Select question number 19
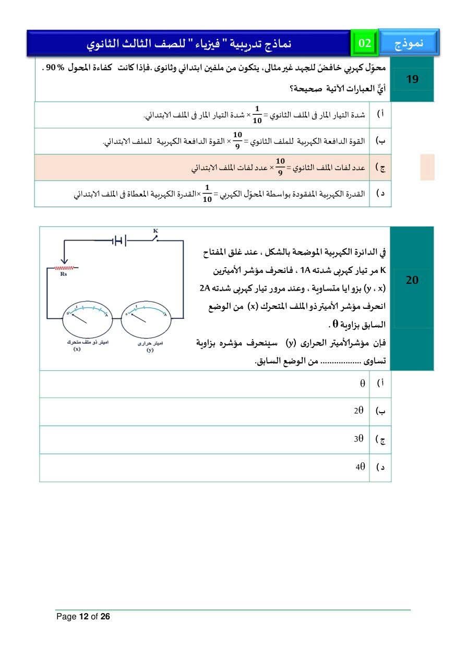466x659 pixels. (412, 80)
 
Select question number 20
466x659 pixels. (412, 280)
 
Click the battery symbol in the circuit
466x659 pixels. (120, 241)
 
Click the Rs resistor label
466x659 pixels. (64, 273)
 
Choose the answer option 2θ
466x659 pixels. (359, 411)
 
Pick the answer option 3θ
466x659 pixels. (359, 439)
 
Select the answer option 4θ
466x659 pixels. (360, 467)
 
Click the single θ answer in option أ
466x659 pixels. (362, 384)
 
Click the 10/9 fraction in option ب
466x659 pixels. (237, 141)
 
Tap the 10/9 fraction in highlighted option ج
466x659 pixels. (280, 167)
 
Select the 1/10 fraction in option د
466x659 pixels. (207, 194)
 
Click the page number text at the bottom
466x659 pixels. (83, 617)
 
